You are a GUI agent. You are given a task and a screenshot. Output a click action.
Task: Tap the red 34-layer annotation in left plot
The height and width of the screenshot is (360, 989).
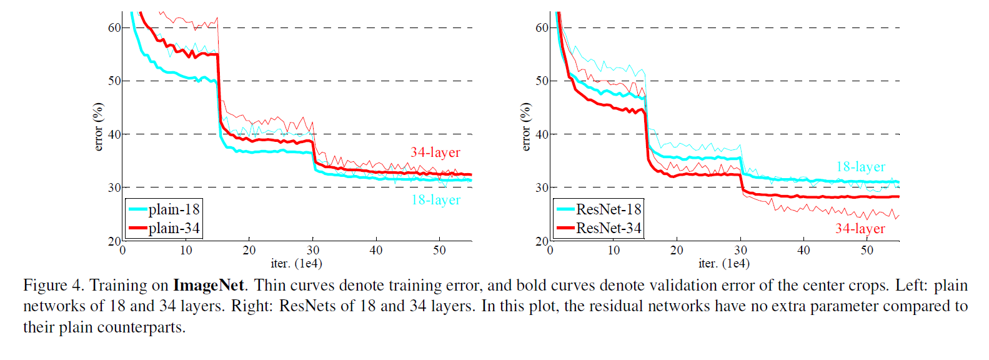435,152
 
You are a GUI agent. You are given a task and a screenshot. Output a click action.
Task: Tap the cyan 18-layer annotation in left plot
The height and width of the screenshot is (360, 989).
435,200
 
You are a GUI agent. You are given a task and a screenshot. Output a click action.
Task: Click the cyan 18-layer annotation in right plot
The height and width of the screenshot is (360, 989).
860,167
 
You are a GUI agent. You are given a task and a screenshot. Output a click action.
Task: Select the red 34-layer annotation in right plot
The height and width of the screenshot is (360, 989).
860,229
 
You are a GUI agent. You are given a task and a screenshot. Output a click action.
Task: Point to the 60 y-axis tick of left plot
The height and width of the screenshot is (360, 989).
114,27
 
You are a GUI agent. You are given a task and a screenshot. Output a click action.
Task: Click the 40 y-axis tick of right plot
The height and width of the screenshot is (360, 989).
542,134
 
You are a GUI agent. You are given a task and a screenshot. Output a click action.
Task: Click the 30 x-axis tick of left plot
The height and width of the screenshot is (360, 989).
313,250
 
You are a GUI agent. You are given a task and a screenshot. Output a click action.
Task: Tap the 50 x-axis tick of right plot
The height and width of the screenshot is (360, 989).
867,250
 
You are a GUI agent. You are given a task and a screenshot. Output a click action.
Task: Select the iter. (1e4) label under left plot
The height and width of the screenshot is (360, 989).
297,263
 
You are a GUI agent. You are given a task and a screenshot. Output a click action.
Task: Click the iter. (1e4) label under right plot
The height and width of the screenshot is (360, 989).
724,263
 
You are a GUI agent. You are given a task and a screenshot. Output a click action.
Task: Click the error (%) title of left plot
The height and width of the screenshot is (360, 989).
98,127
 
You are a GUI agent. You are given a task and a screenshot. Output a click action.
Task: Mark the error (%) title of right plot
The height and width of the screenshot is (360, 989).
525,127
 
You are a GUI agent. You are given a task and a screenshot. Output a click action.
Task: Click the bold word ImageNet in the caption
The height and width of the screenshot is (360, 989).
208,286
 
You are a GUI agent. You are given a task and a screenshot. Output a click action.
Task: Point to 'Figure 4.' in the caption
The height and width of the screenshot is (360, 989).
53,286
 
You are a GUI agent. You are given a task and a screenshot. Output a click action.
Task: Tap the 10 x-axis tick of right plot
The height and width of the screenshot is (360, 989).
614,250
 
